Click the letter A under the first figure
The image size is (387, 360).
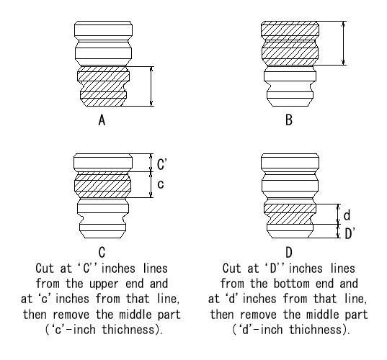point(102,120)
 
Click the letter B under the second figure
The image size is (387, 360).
point(289,120)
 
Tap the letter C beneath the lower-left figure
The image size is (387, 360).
point(102,252)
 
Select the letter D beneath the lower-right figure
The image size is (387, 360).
point(289,252)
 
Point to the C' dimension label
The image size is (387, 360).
point(162,164)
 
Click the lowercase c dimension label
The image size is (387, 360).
point(161,184)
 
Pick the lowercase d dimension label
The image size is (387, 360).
point(347,215)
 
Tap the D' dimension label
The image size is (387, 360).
point(350,233)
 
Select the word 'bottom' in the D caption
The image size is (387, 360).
point(292,284)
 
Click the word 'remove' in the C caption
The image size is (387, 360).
point(71,315)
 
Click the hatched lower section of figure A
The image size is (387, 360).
point(103,86)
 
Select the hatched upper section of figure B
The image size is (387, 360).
point(290,43)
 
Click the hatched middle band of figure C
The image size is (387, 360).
point(102,185)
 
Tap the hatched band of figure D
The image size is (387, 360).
point(290,214)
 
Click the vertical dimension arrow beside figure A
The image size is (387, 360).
point(151,86)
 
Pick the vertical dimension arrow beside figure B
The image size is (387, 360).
point(344,43)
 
